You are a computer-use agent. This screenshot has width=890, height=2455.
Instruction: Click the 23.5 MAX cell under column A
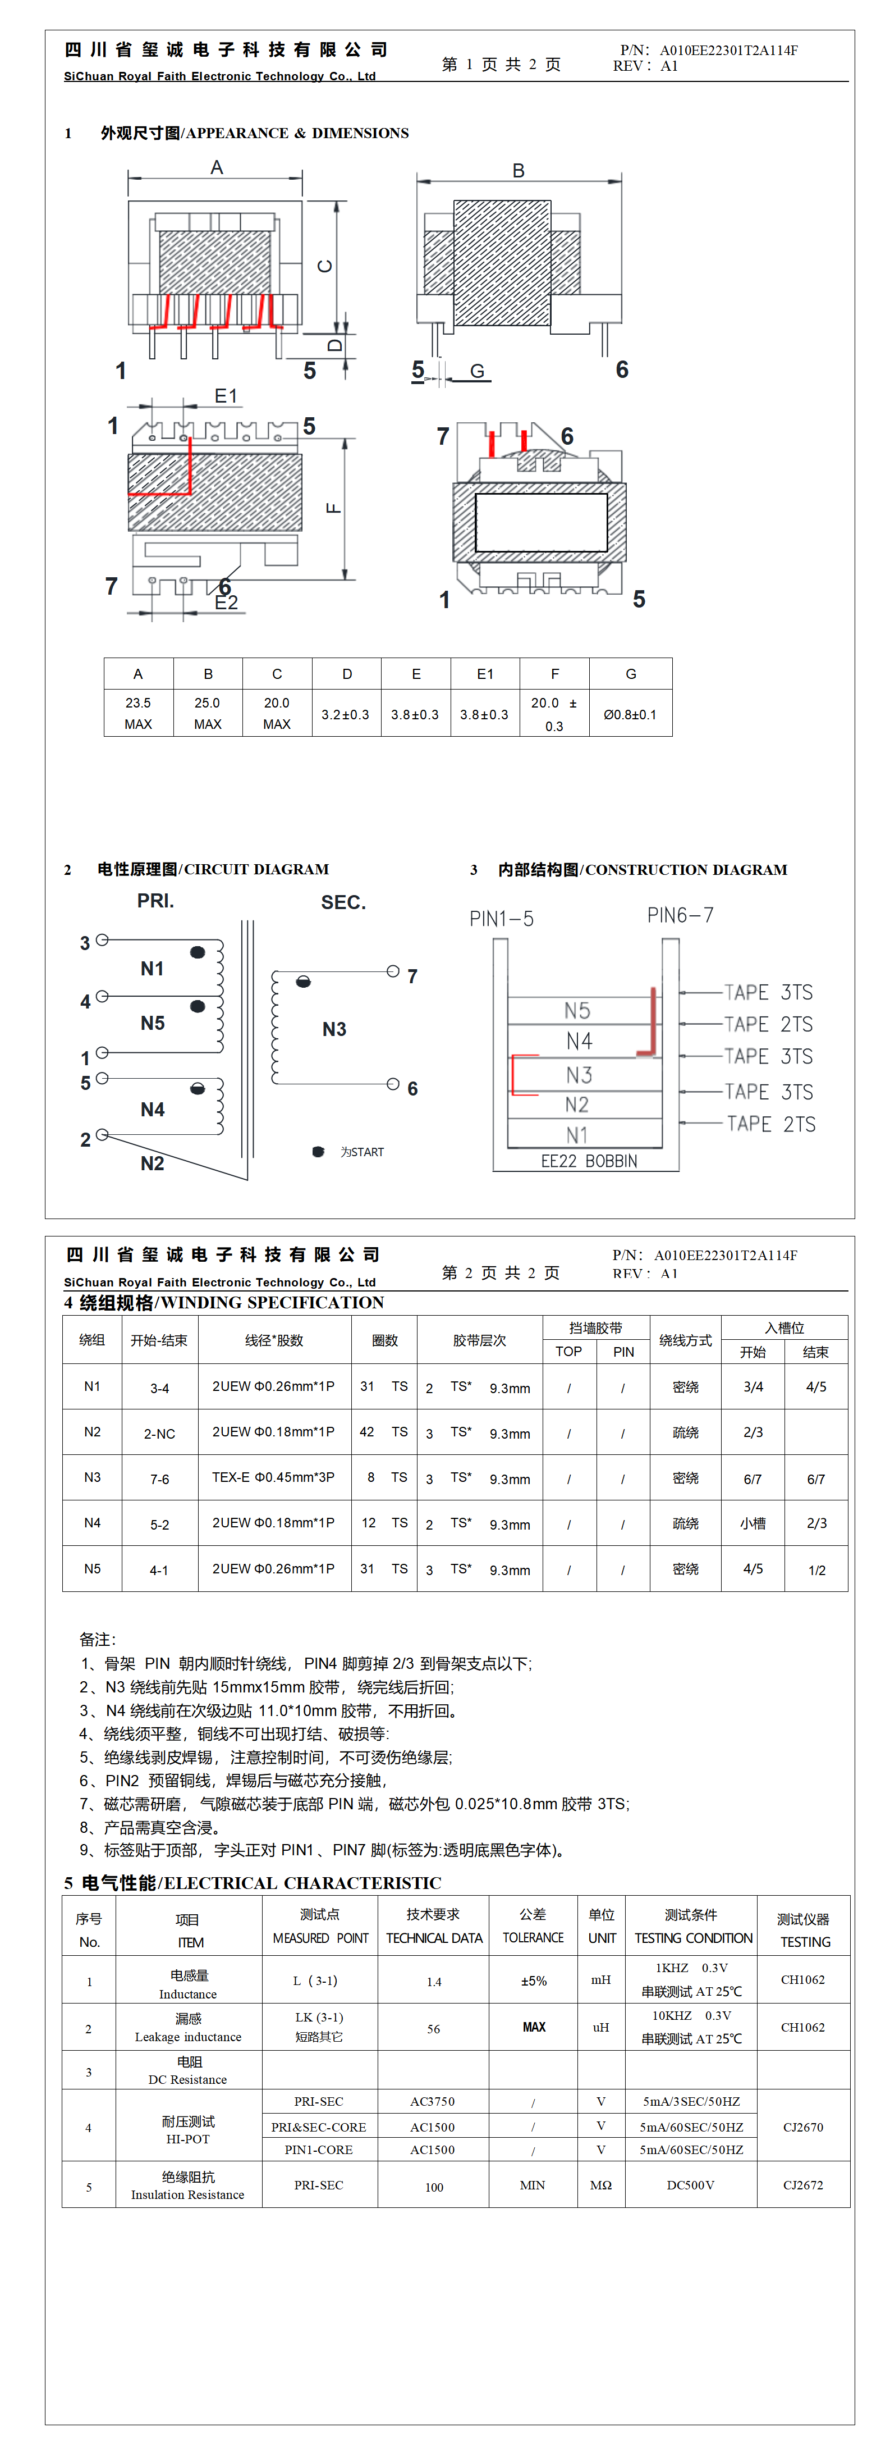click(x=138, y=713)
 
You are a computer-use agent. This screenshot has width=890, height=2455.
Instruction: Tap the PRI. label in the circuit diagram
click(x=155, y=901)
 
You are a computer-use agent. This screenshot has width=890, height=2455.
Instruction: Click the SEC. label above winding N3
click(x=343, y=902)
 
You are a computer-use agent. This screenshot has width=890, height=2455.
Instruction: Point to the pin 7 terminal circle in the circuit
click(x=393, y=971)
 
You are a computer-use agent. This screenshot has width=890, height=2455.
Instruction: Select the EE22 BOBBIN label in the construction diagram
click(x=589, y=1161)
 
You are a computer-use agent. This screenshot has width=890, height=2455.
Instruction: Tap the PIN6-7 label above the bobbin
click(x=680, y=915)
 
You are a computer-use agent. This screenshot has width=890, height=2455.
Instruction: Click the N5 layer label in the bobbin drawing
click(x=577, y=1010)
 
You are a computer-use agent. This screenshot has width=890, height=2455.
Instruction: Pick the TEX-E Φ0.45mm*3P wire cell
click(x=273, y=1477)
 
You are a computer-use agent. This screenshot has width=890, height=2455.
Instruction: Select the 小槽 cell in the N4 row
click(x=753, y=1523)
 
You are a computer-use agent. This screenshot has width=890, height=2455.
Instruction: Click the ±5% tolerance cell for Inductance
click(x=534, y=1981)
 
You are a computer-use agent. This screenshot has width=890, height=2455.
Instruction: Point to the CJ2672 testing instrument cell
click(x=803, y=2185)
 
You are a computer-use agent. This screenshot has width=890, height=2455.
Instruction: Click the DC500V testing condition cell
click(x=691, y=2185)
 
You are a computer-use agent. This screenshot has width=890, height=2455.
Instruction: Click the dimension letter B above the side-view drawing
click(x=519, y=171)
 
